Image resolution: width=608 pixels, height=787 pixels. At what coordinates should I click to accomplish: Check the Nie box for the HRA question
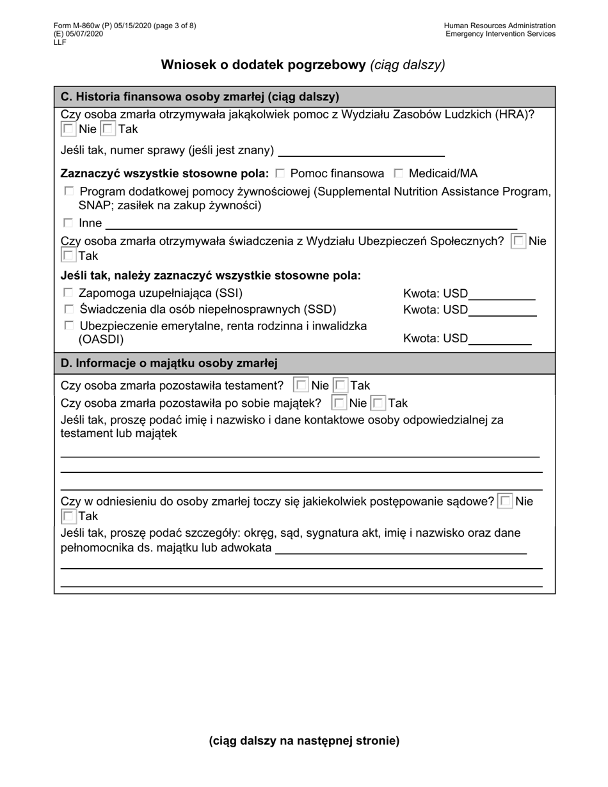point(68,129)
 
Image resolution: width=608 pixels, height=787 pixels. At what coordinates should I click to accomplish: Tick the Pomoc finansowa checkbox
point(280,173)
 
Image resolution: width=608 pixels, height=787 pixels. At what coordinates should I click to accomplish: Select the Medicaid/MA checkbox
point(399,173)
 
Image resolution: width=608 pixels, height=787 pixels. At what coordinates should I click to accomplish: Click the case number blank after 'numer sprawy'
point(362,151)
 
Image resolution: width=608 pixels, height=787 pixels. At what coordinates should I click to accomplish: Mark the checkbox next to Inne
point(68,223)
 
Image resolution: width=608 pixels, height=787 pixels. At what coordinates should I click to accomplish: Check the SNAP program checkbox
point(68,191)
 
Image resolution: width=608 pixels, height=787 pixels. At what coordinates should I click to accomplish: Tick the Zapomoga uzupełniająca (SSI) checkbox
point(68,293)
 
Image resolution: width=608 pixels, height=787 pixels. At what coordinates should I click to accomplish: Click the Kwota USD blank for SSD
point(502,311)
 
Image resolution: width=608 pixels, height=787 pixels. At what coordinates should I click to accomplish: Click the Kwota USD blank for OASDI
point(500,339)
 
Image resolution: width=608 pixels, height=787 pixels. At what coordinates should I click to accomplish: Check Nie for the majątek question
point(340,403)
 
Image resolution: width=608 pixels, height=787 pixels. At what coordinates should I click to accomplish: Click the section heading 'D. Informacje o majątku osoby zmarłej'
point(169,363)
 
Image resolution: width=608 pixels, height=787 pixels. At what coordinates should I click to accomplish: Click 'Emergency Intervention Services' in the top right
point(500,34)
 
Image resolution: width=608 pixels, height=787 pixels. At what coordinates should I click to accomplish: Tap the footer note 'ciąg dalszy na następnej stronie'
point(304,741)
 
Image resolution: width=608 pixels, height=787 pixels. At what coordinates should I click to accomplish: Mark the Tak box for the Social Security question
point(68,256)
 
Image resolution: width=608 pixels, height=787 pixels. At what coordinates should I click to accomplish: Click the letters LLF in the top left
point(60,42)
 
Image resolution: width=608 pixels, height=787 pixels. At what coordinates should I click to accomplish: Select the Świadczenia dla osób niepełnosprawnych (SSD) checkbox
point(68,310)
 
